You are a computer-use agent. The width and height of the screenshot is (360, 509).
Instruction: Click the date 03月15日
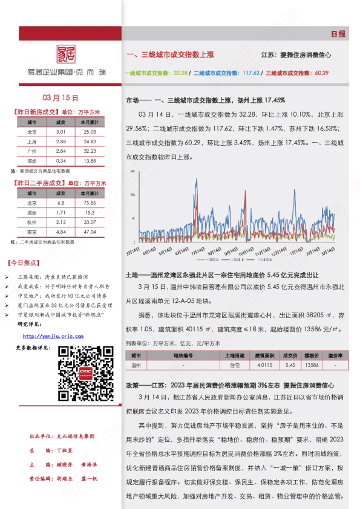(61, 97)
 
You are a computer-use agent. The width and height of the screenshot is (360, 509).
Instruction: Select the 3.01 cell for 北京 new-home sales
(61, 131)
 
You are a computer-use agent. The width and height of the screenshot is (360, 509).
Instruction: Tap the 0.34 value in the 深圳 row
(61, 161)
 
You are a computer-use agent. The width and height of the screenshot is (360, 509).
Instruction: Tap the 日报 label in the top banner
(338, 34)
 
